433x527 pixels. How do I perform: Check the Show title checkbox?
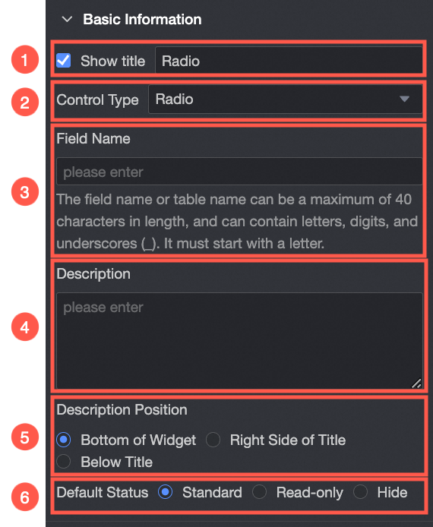point(63,61)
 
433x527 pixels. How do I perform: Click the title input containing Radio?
point(289,61)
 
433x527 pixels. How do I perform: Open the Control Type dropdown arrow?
point(404,99)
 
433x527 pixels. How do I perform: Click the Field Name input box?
point(239,172)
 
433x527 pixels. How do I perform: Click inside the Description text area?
point(239,340)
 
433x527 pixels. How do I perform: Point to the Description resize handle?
point(416,383)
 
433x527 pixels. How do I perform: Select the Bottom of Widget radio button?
point(64,440)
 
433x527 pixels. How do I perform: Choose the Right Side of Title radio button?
point(213,440)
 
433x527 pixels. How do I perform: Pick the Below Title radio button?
point(64,462)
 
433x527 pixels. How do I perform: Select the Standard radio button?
point(165,492)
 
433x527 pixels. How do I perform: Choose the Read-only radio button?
point(259,492)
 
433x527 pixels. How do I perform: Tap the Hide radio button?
point(360,492)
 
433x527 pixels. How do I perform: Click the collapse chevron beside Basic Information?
point(68,19)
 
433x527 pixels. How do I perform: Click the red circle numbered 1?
point(25,59)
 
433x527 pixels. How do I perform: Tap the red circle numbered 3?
point(25,191)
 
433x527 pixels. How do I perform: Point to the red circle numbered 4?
point(25,327)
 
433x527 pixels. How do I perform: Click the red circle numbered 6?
point(25,497)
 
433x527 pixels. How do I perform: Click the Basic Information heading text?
point(142,19)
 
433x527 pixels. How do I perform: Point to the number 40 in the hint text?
point(403,199)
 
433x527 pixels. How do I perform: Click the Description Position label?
point(122,410)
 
